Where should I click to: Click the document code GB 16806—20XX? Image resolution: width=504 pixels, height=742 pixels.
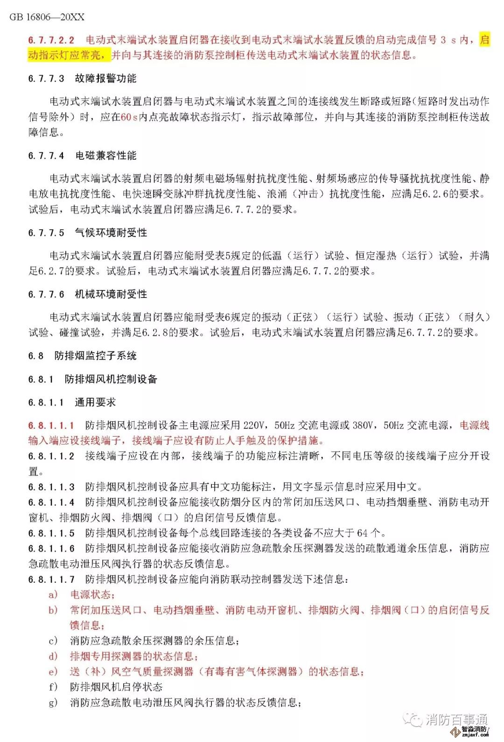click(47, 17)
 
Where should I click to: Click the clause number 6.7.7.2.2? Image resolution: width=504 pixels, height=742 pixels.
click(51, 40)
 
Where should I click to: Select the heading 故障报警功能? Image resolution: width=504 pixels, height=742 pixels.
click(105, 78)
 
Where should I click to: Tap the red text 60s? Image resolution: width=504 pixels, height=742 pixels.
click(129, 117)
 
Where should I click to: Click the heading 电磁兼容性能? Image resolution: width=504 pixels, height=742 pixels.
click(105, 155)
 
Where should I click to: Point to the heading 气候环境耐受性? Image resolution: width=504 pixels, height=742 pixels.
click(111, 233)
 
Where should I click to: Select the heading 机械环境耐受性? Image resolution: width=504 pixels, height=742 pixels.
click(111, 294)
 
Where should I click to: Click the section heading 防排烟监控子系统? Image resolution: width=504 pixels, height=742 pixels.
click(95, 356)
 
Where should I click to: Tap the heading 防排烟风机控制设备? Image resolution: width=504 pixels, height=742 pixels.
click(111, 379)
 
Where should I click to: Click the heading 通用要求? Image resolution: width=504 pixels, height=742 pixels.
click(95, 402)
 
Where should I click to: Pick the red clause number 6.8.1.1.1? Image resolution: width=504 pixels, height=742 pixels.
click(51, 425)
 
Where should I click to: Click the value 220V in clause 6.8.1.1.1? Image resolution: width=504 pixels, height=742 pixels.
click(253, 425)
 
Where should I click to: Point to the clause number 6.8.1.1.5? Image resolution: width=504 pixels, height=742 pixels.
click(51, 533)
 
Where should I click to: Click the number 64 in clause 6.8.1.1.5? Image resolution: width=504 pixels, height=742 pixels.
click(362, 533)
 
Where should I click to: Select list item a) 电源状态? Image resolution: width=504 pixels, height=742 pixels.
click(91, 594)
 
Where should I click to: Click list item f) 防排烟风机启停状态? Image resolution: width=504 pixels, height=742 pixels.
click(116, 687)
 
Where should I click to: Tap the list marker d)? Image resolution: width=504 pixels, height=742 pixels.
click(53, 656)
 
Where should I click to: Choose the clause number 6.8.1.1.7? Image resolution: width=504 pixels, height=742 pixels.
click(51, 579)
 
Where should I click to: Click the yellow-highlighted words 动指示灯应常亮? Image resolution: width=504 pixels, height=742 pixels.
click(69, 56)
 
